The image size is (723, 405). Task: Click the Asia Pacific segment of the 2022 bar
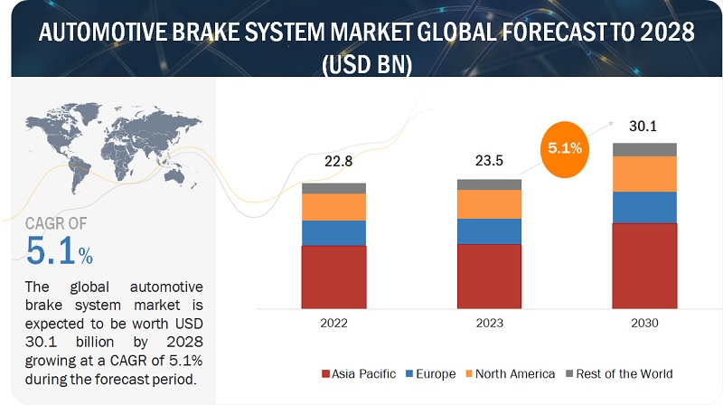333,278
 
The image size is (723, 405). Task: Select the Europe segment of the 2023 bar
489,231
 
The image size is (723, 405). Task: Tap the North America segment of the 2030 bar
644,174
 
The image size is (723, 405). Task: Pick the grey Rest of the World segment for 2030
644,149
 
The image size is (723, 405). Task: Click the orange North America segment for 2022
333,207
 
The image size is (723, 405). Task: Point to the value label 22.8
338,161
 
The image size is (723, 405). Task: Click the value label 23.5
489,161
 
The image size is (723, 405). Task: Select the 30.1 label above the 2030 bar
643,126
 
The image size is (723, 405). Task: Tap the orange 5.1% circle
564,149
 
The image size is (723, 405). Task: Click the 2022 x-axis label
333,323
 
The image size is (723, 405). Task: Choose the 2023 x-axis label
489,323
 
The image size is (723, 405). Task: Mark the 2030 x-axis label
644,323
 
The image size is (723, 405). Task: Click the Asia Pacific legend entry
359,373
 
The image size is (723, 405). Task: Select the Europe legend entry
431,373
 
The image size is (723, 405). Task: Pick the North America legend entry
511,373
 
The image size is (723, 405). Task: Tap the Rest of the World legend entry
619,373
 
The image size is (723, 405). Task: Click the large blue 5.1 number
51,251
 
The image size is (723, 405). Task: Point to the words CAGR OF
56,223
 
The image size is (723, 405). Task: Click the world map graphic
114,147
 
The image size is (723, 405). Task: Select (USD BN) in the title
367,64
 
